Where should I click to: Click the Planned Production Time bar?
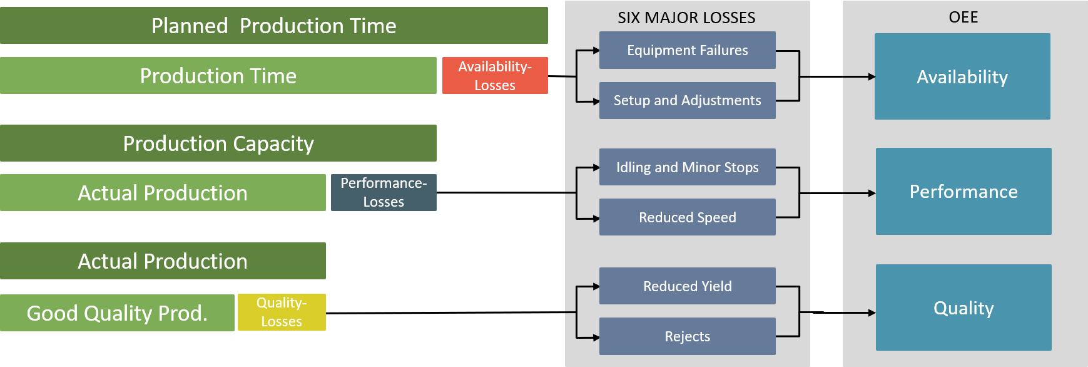[273, 26]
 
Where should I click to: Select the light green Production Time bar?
[218, 76]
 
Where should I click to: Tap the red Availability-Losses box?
[495, 76]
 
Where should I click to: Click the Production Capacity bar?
[218, 143]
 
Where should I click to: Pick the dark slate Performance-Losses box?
[384, 192]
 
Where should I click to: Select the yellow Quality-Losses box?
[282, 312]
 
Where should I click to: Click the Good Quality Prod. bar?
[117, 313]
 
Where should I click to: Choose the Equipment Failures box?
[687, 50]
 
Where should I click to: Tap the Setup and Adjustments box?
[687, 100]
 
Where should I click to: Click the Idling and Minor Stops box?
[687, 167]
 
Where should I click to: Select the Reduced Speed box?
[687, 217]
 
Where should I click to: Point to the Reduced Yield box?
[687, 286]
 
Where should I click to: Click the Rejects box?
[687, 336]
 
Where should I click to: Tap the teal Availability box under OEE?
[962, 76]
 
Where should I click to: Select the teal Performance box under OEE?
[963, 192]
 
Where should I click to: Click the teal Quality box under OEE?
[963, 308]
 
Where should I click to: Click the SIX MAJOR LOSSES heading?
[686, 18]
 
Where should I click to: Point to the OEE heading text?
[963, 17]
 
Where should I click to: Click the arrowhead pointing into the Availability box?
[872, 76]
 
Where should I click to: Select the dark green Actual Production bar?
[163, 261]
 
